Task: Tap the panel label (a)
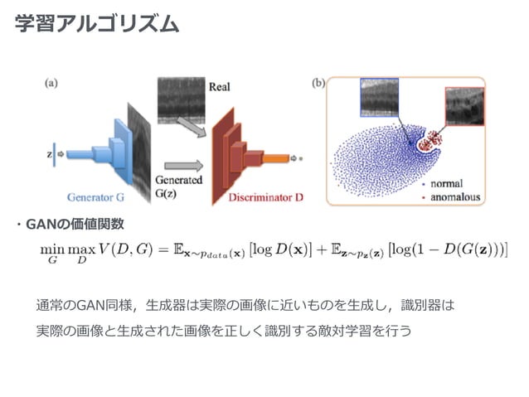51,83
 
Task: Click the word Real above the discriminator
219,86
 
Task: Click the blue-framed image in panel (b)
386,99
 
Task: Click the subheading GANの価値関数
75,224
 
